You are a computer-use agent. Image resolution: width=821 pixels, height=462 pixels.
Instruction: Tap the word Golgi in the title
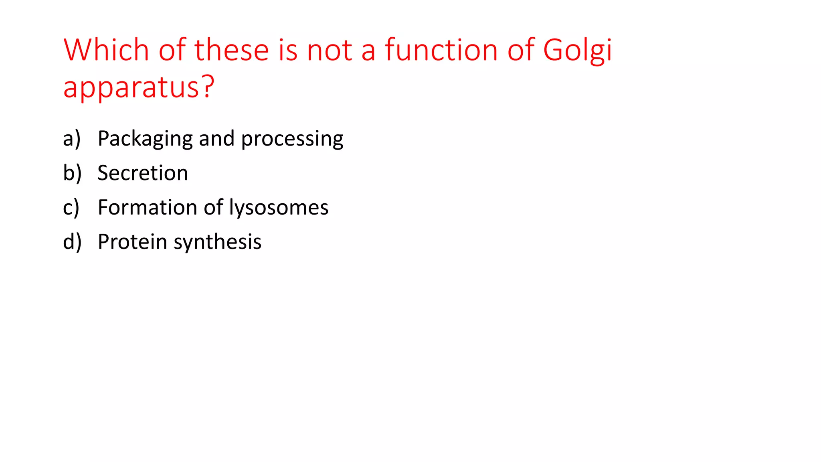[577, 51]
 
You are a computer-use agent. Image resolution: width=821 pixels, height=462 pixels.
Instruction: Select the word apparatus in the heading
[131, 87]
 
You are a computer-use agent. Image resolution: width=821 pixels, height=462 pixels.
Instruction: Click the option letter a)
[72, 138]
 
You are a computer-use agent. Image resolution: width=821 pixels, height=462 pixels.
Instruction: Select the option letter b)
[72, 173]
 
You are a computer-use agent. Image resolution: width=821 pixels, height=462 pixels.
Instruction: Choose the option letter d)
[72, 242]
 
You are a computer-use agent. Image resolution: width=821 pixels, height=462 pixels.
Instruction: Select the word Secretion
[143, 173]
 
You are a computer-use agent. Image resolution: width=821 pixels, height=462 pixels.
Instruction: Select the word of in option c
[213, 207]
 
